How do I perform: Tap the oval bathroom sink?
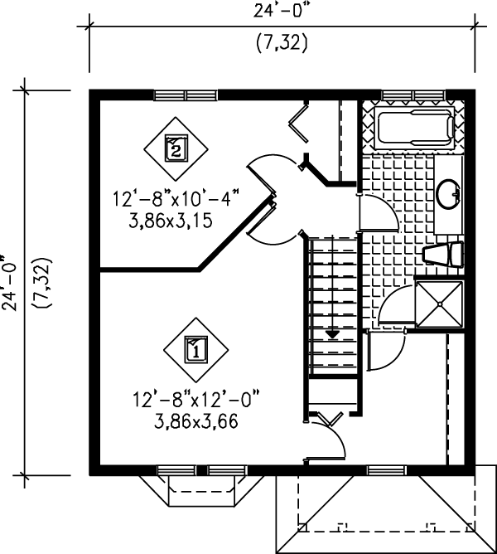pos(449,194)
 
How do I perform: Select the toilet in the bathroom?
pos(443,254)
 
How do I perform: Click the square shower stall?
pos(440,304)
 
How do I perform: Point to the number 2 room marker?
pos(176,148)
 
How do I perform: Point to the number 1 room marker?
pos(196,350)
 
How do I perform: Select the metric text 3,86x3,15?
pos(171,221)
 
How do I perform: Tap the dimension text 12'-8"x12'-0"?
pos(196,400)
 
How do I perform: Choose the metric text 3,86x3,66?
pos(196,421)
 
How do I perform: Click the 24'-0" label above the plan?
pos(283,11)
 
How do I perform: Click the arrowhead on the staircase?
pos(332,334)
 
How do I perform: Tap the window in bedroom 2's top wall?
pos(186,95)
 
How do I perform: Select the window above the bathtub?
pos(413,95)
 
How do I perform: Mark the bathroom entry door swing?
pos(379,213)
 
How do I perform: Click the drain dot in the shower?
pos(440,304)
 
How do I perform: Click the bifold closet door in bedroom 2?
pos(299,123)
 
